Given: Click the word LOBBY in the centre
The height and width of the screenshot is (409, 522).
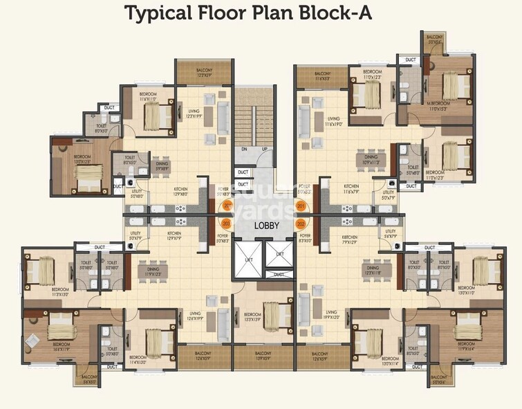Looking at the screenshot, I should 265,226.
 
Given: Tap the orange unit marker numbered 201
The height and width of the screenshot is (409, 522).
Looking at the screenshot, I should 300,206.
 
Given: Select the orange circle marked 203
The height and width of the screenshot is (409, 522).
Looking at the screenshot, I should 225,224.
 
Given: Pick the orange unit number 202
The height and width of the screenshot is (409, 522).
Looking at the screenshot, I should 301,224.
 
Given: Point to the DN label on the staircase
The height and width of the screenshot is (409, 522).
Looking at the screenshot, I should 244,149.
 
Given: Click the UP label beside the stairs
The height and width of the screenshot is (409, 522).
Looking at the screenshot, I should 263,149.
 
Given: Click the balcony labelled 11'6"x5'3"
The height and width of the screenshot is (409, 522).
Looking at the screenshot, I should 322,76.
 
